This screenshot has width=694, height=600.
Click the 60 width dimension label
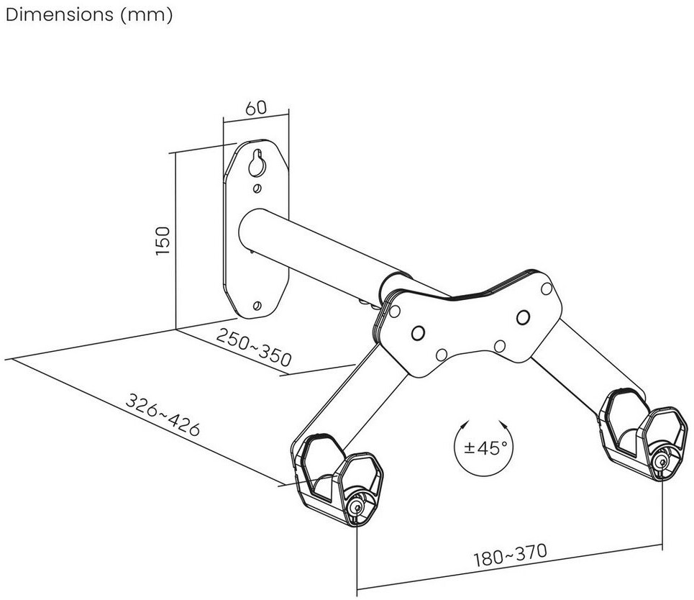tap(256, 108)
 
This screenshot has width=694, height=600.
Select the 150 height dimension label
tap(163, 240)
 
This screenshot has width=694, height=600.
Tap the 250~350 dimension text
tap(254, 347)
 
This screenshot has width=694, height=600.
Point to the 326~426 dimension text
tap(163, 414)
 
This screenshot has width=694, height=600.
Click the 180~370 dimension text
tap(511, 555)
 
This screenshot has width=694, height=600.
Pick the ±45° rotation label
tap(482, 448)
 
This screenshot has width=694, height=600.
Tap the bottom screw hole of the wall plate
tap(256, 306)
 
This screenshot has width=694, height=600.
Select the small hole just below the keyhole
tap(257, 188)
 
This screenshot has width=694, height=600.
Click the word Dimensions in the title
tap(60, 14)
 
